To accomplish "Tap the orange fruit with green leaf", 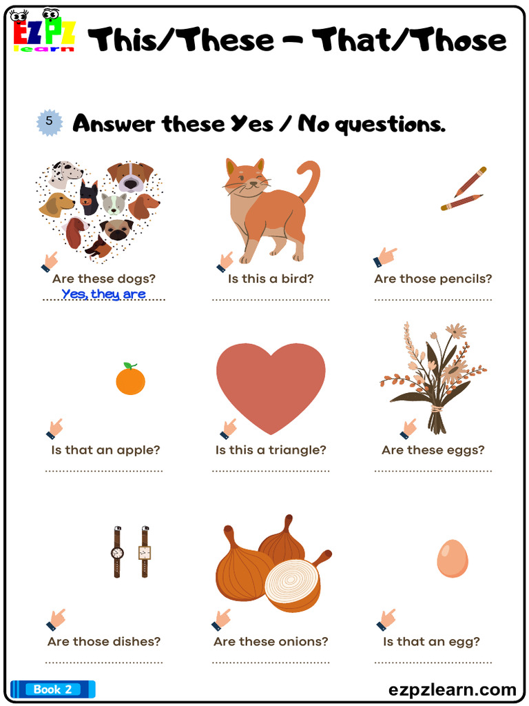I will tap(130, 379).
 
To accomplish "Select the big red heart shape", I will tap(271, 383).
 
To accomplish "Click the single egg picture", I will tap(453, 558).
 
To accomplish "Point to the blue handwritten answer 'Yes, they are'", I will tap(103, 294).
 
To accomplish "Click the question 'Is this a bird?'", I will tap(271, 279).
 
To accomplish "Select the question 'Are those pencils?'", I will tap(433, 279).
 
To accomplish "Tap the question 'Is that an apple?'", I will tap(105, 450).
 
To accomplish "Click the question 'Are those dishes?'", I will tap(104, 641).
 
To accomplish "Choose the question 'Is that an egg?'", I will tap(431, 641).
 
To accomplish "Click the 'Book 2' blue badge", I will tap(52, 689).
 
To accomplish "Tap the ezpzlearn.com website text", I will tap(452, 689).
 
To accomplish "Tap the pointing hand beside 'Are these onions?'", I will tap(222, 618).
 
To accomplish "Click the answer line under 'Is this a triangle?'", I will tap(271, 471).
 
